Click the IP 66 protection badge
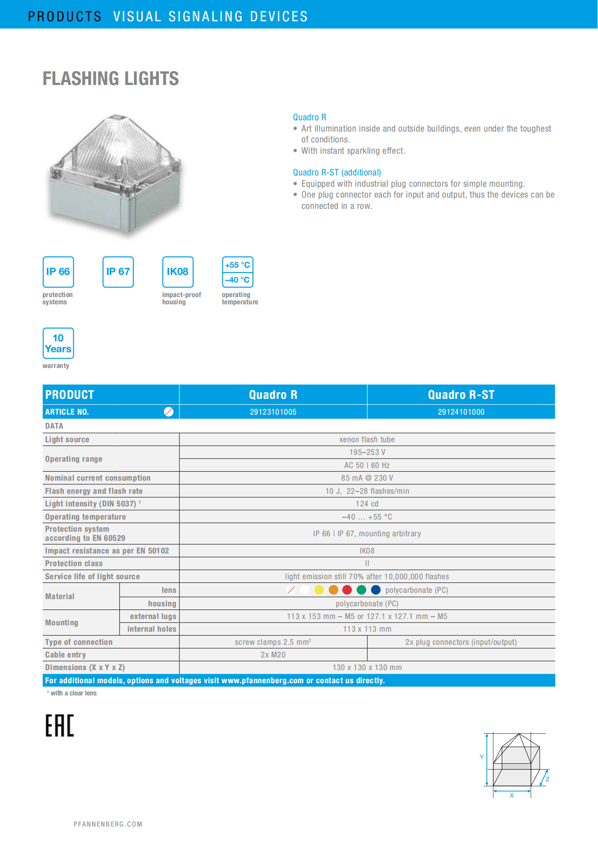pos(58,272)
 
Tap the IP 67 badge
pos(118,272)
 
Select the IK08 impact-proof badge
pos(178,272)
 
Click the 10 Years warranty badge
pos(58,343)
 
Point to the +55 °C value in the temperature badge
pos(238,265)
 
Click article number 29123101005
pos(273,412)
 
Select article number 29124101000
pos(461,412)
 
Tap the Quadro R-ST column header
pos(461,395)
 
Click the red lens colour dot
pos(347,590)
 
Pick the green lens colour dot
pos(361,590)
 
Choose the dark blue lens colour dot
pos(376,590)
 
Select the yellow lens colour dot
pos(319,590)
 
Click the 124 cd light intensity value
pos(367,504)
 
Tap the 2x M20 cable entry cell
pos(273,655)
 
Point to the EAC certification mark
pos(59,726)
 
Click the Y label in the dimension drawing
pos(482,757)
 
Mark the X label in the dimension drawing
pos(512,795)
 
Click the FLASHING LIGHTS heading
pos(111,79)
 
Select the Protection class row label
pos(74,563)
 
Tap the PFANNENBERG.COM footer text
pos(108,824)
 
